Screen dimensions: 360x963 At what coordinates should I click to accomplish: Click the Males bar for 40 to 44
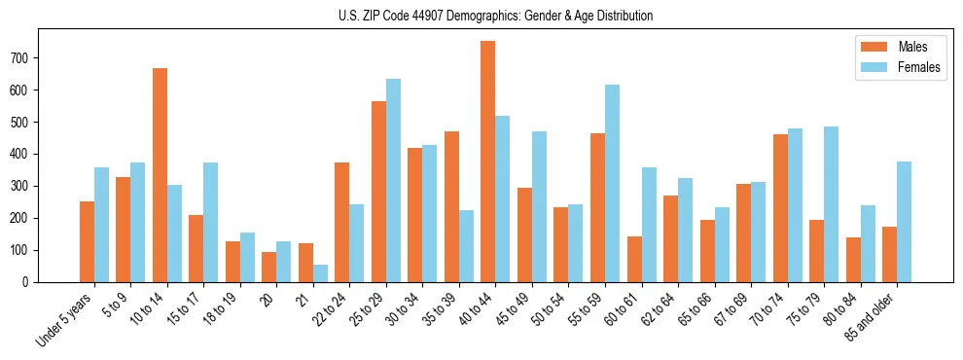pos(488,162)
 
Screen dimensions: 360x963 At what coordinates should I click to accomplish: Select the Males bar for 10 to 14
pos(160,175)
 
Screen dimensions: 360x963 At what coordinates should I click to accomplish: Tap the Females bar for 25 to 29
pos(393,181)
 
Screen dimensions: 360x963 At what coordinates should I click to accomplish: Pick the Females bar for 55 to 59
pos(612,184)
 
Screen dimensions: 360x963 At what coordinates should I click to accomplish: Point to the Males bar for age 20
pos(269,268)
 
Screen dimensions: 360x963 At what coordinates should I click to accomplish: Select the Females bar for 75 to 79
pos(831,204)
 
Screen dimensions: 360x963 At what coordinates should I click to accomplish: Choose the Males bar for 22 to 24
pos(342,223)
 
